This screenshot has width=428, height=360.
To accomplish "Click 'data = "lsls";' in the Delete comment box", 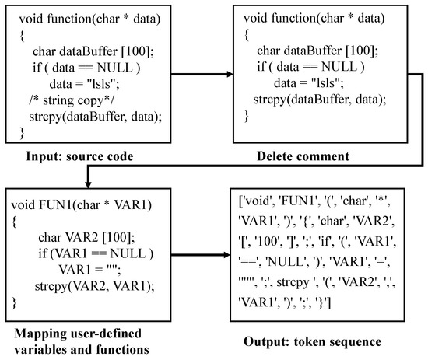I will [x=311, y=83].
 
